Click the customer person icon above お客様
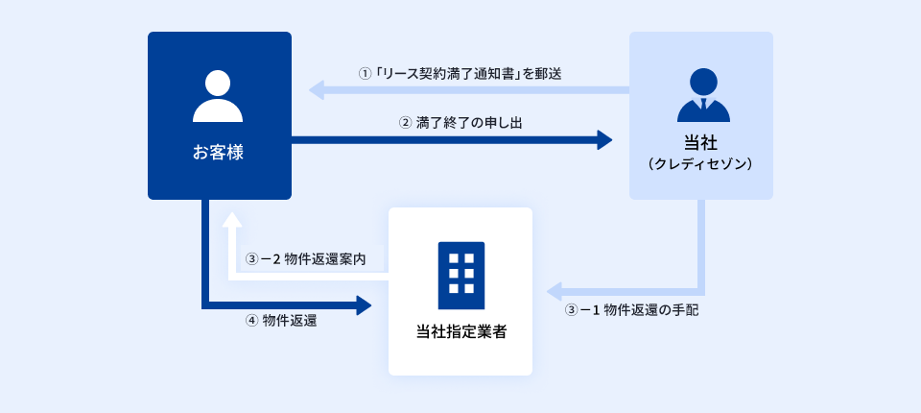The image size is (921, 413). (x=218, y=96)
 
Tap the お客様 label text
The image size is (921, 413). (x=218, y=152)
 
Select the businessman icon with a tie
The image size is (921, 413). (x=702, y=96)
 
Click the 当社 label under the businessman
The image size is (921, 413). (x=702, y=144)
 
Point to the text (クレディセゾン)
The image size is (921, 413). (x=701, y=165)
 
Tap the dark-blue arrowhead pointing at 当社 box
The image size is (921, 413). (x=603, y=140)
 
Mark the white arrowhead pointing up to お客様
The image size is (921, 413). (x=231, y=220)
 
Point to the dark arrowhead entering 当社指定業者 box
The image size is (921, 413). (x=364, y=305)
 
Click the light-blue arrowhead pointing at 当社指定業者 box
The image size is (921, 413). (x=555, y=290)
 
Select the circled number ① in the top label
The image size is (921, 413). (x=365, y=73)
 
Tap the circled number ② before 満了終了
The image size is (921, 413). (x=405, y=123)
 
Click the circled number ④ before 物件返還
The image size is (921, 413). (x=252, y=321)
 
